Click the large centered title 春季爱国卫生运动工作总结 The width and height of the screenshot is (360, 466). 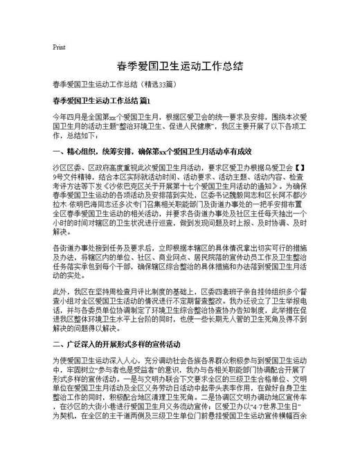point(179,66)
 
